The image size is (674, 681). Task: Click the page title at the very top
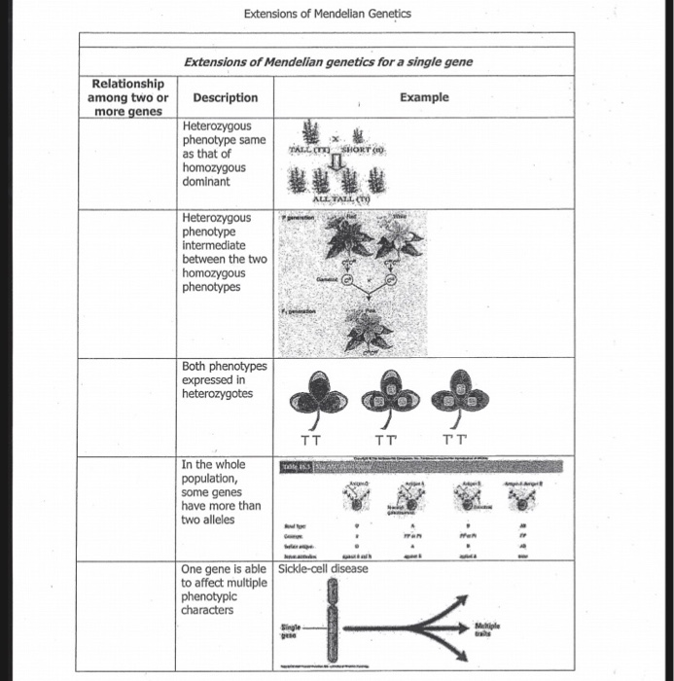(x=327, y=14)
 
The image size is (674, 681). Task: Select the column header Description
(x=225, y=97)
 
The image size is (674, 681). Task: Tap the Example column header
(x=424, y=97)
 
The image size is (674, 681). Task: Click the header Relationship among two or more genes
(x=127, y=97)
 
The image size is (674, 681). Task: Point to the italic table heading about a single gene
(x=328, y=62)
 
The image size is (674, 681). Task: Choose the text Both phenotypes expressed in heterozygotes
(x=224, y=379)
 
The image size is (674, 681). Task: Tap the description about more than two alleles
(x=222, y=491)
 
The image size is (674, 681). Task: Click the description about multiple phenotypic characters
(x=222, y=590)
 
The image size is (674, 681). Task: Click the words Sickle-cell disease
(x=322, y=568)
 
